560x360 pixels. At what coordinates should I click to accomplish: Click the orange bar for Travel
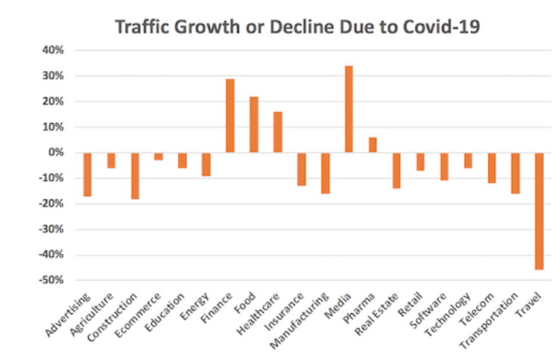coord(540,211)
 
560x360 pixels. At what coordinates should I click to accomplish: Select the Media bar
coord(348,109)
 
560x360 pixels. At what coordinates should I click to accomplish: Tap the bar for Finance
coord(230,116)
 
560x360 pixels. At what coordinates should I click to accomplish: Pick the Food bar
coord(254,124)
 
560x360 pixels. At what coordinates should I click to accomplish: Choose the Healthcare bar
coord(277,132)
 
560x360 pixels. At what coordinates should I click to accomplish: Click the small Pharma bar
coord(373,145)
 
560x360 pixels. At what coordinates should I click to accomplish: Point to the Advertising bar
coord(87,174)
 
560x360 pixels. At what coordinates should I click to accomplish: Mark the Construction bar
coord(135,175)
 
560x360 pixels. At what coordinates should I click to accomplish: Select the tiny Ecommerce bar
coord(159,157)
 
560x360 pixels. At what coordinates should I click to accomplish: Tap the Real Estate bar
coord(396,170)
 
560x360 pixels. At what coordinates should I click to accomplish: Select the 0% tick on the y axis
coord(59,153)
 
